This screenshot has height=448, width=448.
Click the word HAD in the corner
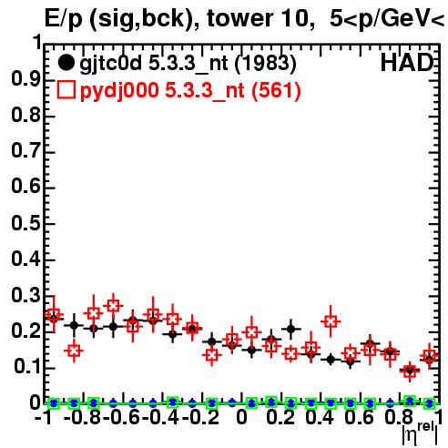point(407,63)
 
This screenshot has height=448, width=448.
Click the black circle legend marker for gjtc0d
point(66,63)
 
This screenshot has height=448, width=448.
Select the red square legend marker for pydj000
point(66,89)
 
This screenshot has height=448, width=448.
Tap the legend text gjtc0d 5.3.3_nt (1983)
point(188,64)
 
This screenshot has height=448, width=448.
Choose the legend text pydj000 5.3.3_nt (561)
point(190,91)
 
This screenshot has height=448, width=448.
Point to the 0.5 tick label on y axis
point(25,223)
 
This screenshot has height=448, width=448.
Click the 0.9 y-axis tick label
point(25,79)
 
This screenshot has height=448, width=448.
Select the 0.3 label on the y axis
point(25,295)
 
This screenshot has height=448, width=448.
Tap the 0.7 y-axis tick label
point(25,151)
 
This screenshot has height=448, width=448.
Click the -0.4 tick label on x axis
point(160,417)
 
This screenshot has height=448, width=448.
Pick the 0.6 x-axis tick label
point(359,417)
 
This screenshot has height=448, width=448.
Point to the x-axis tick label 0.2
point(280,417)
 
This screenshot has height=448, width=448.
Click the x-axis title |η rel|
point(420,434)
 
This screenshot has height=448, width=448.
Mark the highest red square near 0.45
point(331,321)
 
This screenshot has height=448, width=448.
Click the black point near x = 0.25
point(291,329)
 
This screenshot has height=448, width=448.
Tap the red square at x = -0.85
point(74,351)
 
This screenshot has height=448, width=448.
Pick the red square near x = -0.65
point(113,305)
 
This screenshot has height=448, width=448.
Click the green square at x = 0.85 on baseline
point(410,401)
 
